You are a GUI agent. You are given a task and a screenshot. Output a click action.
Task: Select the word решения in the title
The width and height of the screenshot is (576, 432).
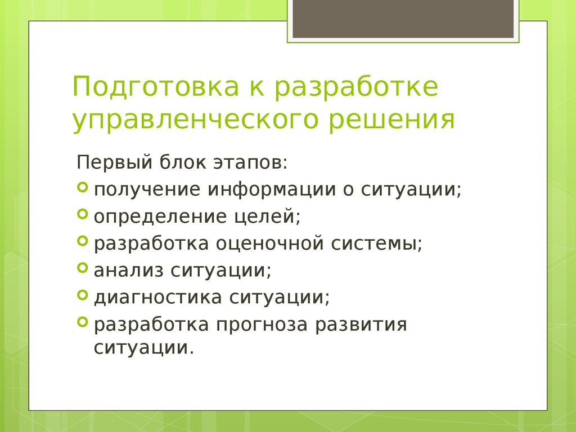[394, 119]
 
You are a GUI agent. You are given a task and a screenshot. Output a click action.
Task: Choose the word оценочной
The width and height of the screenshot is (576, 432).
[272, 244]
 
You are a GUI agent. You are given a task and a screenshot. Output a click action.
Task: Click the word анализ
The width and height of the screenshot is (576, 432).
[128, 271]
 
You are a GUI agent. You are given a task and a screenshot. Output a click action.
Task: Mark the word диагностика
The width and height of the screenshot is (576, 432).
[157, 297]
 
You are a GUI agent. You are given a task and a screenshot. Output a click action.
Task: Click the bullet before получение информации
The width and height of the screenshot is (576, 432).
[82, 187]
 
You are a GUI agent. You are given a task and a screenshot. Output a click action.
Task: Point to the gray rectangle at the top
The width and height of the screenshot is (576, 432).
[402, 19]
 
